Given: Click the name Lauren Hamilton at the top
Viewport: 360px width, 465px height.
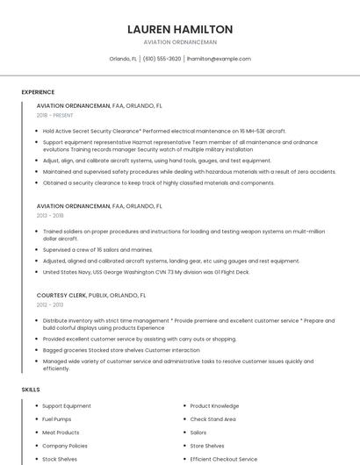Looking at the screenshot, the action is pyautogui.click(x=180, y=29).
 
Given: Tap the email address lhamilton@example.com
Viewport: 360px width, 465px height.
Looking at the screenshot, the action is pyautogui.click(x=219, y=59).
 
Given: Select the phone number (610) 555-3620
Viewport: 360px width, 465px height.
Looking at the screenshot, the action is pyautogui.click(x=162, y=59).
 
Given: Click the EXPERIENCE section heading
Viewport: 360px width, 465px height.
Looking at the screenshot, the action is pyautogui.click(x=38, y=92).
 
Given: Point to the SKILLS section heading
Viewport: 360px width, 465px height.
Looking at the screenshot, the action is pyautogui.click(x=31, y=389).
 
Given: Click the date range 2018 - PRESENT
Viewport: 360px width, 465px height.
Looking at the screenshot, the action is pyautogui.click(x=54, y=115).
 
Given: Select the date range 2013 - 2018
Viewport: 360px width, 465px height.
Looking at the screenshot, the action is pyautogui.click(x=50, y=215).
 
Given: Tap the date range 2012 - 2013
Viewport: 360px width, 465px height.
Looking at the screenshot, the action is pyautogui.click(x=50, y=304).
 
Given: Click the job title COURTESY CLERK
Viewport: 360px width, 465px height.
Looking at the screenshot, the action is pyautogui.click(x=64, y=296).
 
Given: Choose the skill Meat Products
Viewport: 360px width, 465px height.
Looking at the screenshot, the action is pyautogui.click(x=61, y=433).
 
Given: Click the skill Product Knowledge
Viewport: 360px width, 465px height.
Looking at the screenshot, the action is pyautogui.click(x=214, y=406).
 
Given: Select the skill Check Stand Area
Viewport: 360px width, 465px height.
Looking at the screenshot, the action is pyautogui.click(x=213, y=419).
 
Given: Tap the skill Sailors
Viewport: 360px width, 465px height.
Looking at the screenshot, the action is pyautogui.click(x=198, y=433).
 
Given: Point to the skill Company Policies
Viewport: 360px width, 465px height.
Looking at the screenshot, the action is pyautogui.click(x=65, y=446).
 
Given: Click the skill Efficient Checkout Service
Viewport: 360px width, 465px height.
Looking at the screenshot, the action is pyautogui.click(x=223, y=459).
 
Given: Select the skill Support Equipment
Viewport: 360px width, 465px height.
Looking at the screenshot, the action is pyautogui.click(x=67, y=406).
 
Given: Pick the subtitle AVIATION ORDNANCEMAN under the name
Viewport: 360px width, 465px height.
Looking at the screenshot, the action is pyautogui.click(x=180, y=42).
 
